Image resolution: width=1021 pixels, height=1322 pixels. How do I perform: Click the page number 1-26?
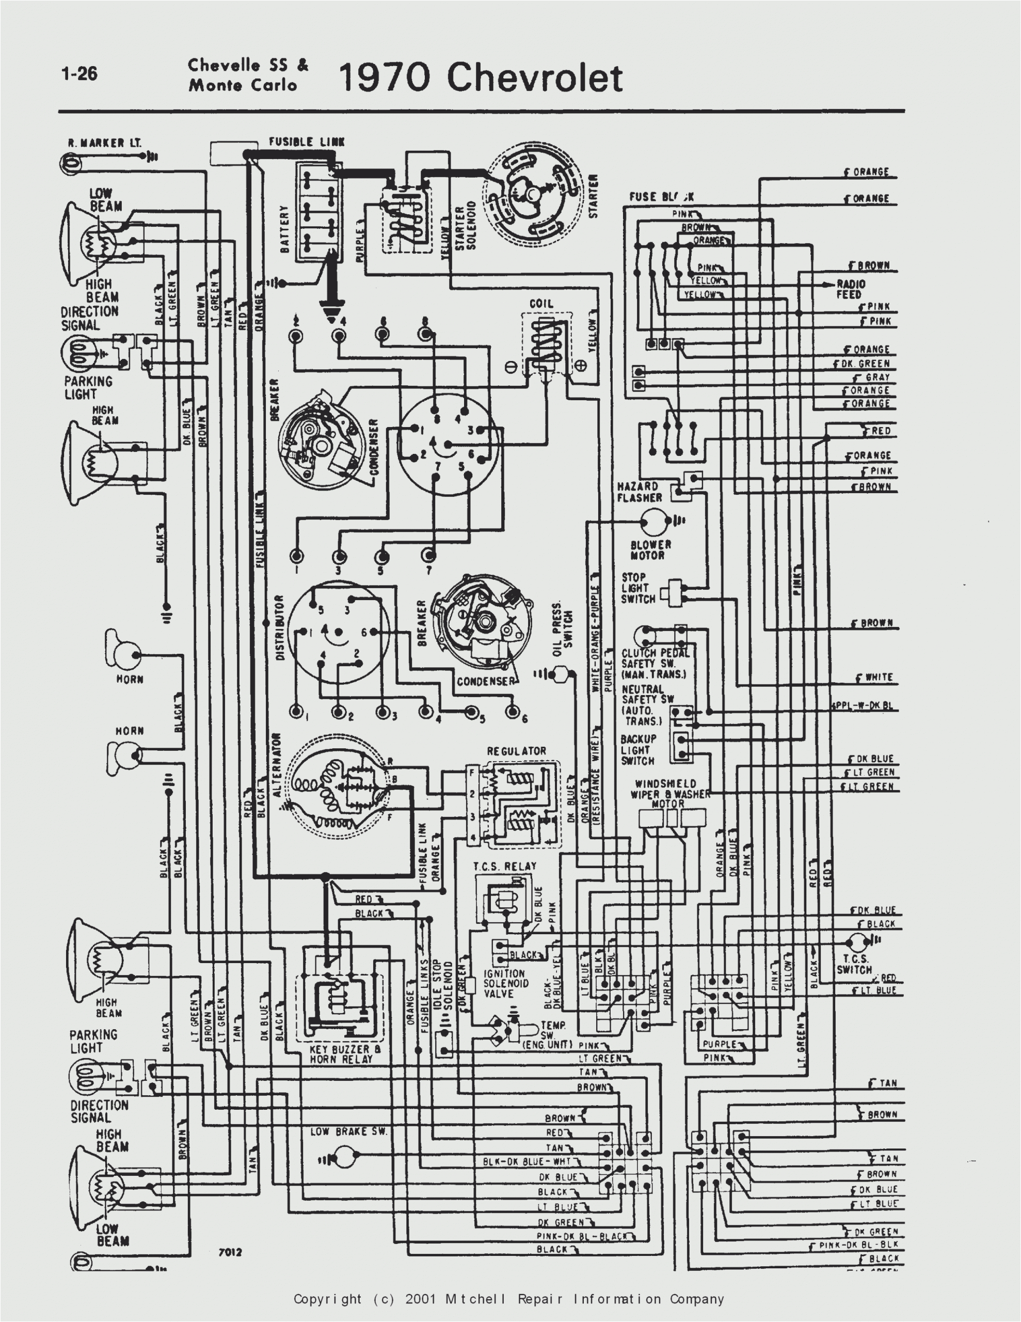point(79,73)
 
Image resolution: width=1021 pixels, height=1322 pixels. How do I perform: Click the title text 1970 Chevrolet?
point(480,78)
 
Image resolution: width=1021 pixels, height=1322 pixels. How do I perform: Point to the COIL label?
point(541,303)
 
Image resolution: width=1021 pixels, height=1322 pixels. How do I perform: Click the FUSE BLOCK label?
point(661,197)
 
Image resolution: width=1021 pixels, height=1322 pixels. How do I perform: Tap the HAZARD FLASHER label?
point(639,492)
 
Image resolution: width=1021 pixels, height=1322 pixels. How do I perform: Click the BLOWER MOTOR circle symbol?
point(653,520)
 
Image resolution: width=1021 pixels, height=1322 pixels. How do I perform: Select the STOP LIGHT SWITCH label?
point(638,588)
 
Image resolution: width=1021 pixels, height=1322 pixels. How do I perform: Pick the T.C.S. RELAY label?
point(505,866)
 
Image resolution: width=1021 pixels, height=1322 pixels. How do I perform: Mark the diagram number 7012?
point(230,1252)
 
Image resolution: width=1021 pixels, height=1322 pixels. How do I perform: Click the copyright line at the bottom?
point(509,1299)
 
